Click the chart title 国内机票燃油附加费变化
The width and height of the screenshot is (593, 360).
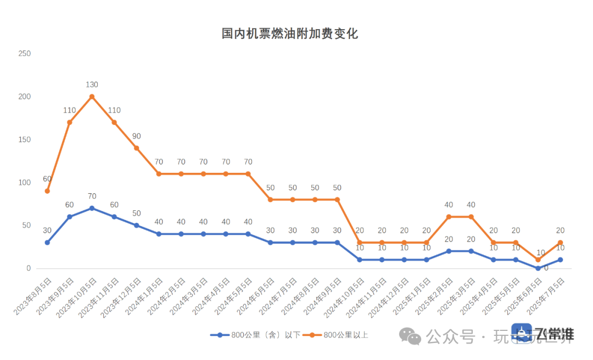289,34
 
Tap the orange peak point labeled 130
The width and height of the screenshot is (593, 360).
92,97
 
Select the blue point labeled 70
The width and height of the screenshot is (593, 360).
92,208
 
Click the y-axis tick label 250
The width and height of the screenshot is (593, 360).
24,53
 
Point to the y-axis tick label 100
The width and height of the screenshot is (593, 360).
24,183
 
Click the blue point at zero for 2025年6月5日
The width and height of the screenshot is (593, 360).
538,268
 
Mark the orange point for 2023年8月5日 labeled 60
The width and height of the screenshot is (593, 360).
47,191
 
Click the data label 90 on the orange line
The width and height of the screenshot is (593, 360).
136,136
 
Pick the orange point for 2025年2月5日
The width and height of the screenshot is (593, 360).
449,217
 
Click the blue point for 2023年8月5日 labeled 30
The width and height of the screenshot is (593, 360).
47,243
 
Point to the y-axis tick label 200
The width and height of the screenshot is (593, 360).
24,97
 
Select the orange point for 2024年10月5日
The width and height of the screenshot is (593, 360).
360,243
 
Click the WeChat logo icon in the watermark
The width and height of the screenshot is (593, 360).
410,336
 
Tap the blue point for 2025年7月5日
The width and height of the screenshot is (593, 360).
561,260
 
